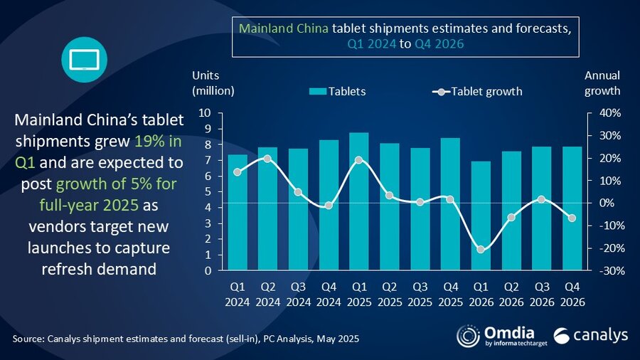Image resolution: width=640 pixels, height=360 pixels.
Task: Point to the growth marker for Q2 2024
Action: click(x=267, y=159)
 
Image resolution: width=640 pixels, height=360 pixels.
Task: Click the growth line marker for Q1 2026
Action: click(x=481, y=249)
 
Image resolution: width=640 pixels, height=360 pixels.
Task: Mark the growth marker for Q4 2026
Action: click(x=572, y=218)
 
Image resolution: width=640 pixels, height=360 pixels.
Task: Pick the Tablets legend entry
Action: click(x=338, y=91)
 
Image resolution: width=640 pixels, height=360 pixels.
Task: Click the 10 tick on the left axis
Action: click(x=205, y=113)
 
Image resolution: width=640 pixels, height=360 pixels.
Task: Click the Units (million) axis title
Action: click(x=213, y=83)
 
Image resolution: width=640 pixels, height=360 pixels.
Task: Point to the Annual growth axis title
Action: click(x=602, y=83)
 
